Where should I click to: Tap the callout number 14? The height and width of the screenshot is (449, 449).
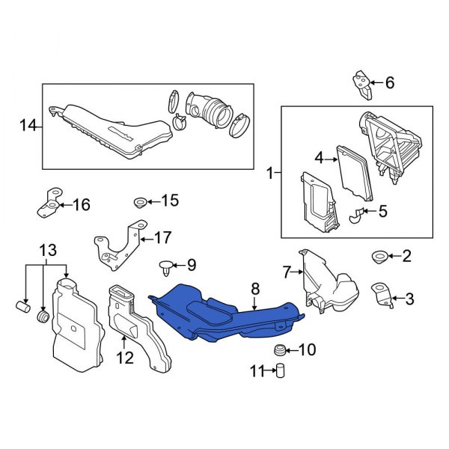28,126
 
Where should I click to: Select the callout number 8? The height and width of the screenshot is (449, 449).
254,287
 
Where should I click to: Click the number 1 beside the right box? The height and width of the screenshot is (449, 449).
270,174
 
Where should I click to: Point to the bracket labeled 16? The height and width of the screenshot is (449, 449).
48,202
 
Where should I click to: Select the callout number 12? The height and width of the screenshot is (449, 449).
124,358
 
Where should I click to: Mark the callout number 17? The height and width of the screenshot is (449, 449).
163,239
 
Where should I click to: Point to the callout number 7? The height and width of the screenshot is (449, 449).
285,271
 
